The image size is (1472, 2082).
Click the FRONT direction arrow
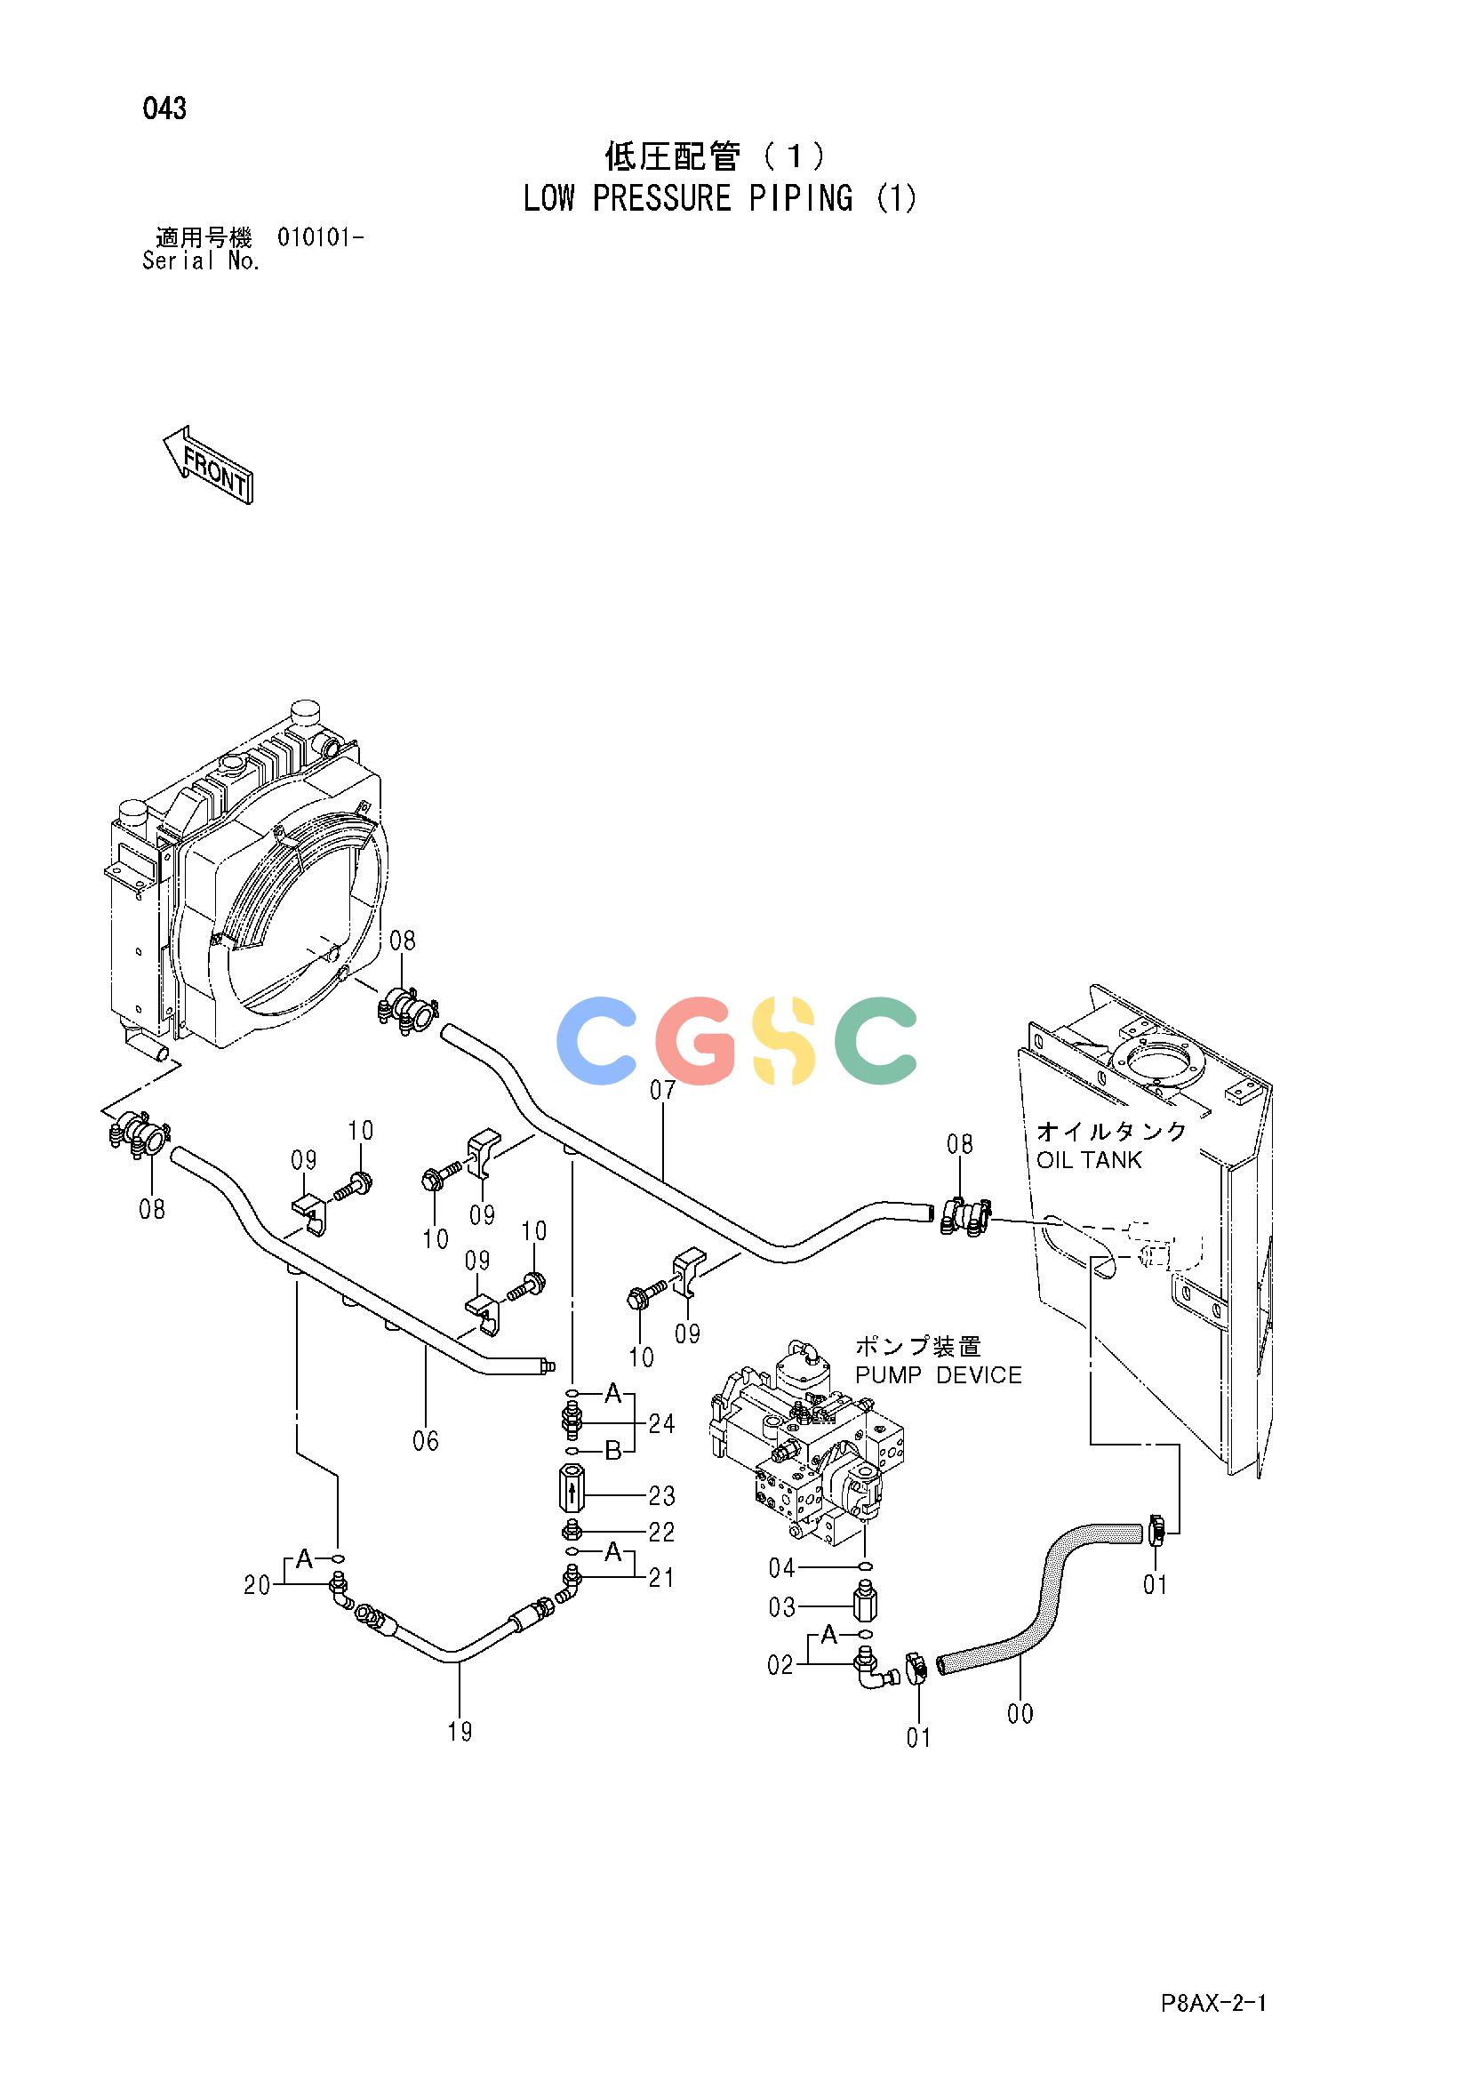(x=208, y=464)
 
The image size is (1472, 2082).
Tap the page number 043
(x=164, y=108)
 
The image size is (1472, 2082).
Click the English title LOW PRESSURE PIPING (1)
(x=720, y=197)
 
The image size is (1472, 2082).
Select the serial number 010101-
(x=321, y=237)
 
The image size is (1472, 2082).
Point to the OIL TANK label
(x=1088, y=1160)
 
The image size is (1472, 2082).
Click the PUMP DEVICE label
(x=939, y=1374)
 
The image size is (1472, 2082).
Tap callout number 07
(x=663, y=1089)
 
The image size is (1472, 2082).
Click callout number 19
(x=460, y=1757)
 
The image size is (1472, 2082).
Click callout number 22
(x=661, y=1532)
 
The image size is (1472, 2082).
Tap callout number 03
(x=782, y=1607)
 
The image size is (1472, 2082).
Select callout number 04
(x=782, y=1567)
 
